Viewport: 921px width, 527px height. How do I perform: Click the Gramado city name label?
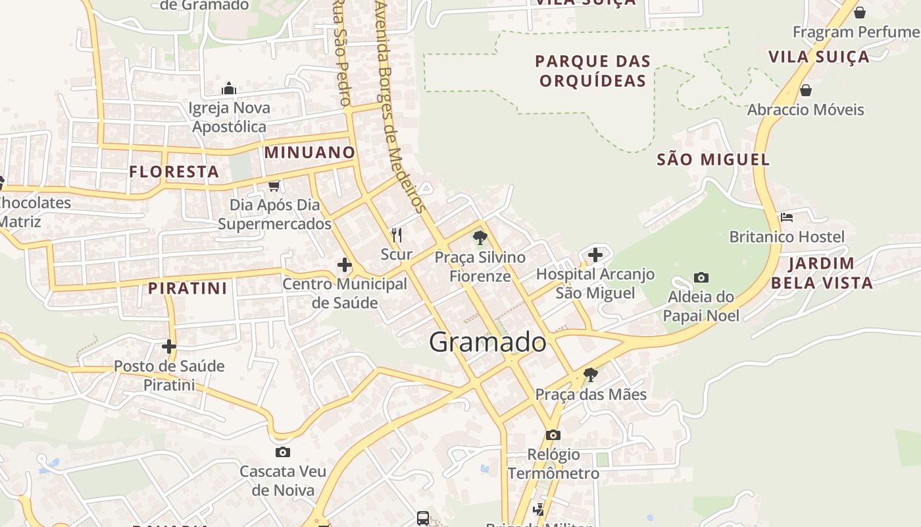tap(487, 342)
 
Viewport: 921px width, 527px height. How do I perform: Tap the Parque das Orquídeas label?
tap(593, 71)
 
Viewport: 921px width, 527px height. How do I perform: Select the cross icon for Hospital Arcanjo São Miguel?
tap(595, 255)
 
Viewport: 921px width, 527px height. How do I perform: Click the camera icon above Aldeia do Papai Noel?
tap(701, 278)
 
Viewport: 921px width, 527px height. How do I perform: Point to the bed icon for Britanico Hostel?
tap(786, 217)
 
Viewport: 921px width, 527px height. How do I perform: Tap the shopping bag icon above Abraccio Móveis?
tap(805, 90)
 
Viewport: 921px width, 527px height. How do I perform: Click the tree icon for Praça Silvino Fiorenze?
tap(480, 238)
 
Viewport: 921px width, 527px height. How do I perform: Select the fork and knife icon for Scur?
tap(397, 235)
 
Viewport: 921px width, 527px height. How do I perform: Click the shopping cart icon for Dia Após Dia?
tap(274, 186)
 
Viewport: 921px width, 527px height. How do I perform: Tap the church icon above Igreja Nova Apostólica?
tap(229, 88)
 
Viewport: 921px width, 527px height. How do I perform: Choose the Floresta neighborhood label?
tap(174, 172)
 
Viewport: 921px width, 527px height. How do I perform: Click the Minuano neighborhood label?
tap(309, 153)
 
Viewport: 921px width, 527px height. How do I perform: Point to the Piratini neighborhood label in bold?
tap(187, 288)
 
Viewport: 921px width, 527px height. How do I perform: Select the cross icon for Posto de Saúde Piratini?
tap(169, 347)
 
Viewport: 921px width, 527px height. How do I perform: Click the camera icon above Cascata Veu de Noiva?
tap(283, 452)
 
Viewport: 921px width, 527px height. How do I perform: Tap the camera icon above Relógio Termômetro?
tap(553, 435)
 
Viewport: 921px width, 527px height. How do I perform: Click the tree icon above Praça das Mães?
tap(591, 375)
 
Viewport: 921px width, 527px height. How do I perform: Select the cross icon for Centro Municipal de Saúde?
tap(344, 265)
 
